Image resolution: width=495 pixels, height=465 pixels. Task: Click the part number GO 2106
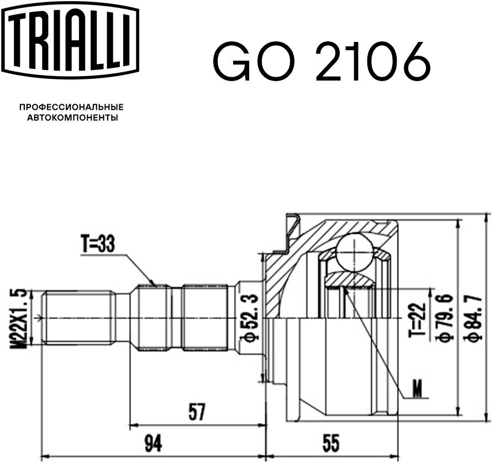coord(322,61)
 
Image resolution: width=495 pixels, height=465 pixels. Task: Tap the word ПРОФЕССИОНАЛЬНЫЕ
coord(72,107)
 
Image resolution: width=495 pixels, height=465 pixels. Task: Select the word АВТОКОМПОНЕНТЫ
coord(72,118)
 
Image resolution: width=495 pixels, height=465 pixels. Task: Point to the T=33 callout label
coord(98,244)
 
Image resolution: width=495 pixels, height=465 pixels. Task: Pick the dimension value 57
coord(197,412)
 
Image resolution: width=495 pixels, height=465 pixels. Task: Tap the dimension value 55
coord(331,443)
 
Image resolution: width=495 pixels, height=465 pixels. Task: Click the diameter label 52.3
coord(250,318)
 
